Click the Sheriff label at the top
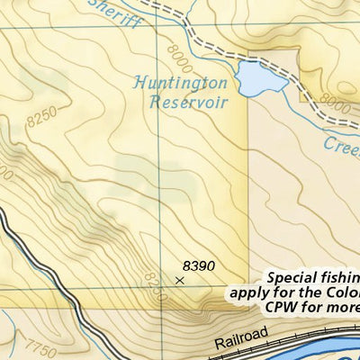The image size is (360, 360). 116,13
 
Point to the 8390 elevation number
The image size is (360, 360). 198,265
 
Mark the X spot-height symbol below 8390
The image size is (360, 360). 178,281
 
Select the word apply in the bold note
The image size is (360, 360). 249,292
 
